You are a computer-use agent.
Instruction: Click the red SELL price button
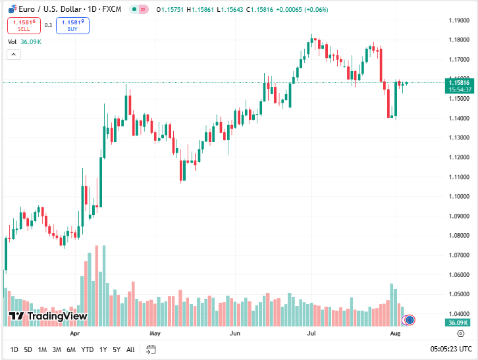click(x=24, y=26)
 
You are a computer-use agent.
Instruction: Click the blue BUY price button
click(x=72, y=26)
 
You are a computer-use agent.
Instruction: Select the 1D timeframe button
click(x=14, y=349)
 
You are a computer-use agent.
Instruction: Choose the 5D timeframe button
click(x=28, y=349)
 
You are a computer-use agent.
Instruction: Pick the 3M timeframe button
click(x=57, y=349)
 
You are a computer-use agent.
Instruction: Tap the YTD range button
click(x=88, y=349)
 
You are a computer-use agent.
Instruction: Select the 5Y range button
click(x=117, y=349)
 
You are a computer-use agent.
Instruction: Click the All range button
click(x=130, y=349)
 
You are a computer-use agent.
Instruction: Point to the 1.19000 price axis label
click(x=458, y=20)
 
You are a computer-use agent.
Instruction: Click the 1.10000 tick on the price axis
click(x=458, y=196)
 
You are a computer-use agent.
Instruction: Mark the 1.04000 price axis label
click(x=458, y=313)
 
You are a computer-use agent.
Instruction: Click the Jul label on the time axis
click(x=312, y=334)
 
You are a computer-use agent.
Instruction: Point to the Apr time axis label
click(x=74, y=334)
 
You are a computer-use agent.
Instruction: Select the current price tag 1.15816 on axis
click(x=458, y=82)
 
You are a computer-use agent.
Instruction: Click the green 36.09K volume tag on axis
click(x=457, y=323)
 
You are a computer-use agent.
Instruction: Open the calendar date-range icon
click(x=151, y=349)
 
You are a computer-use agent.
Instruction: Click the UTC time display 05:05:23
click(x=451, y=349)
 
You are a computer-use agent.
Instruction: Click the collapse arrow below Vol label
click(x=14, y=55)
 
